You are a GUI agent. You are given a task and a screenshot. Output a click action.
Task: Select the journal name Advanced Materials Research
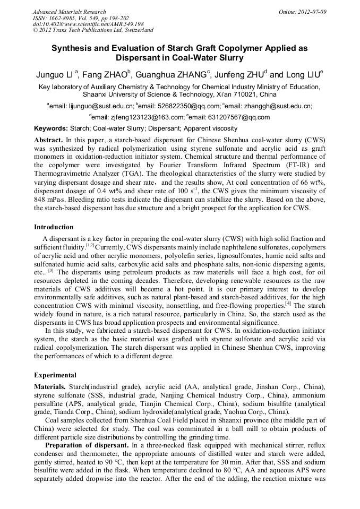(x=69, y=12)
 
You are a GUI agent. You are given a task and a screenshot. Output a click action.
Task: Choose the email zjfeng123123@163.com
(x=139, y=117)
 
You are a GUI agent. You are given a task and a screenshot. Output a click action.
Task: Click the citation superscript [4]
(x=288, y=304)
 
